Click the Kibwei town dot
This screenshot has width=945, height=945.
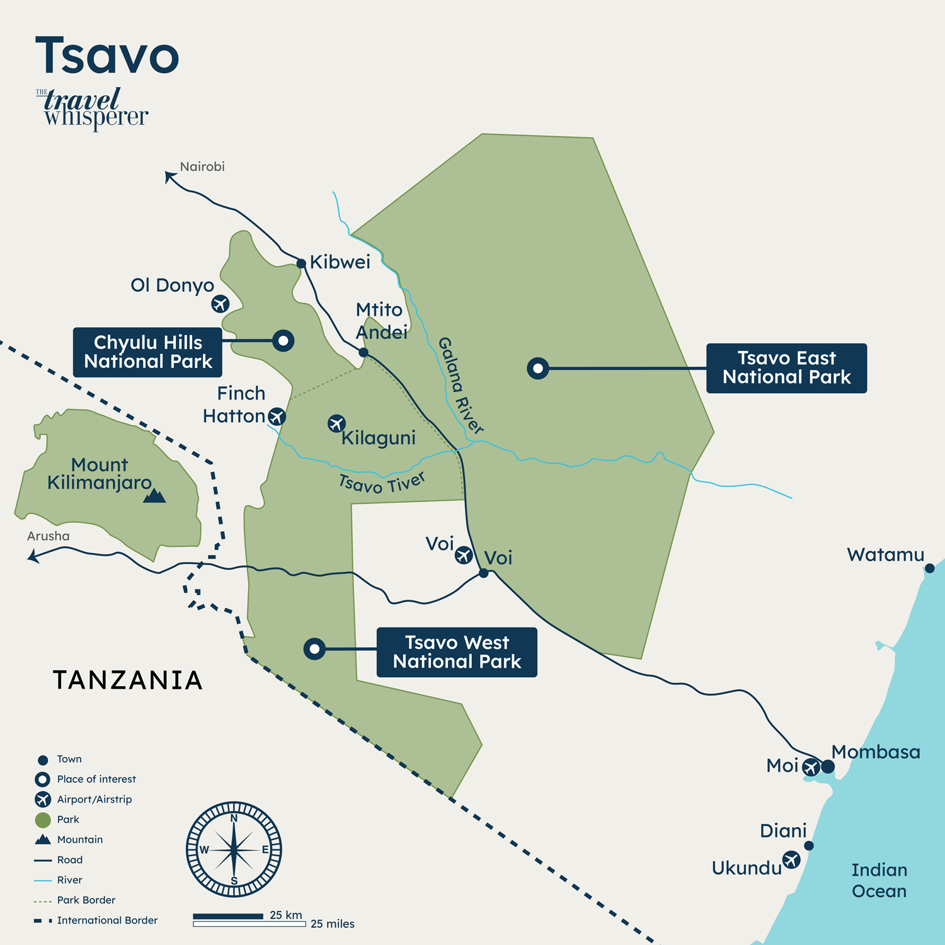coord(301,263)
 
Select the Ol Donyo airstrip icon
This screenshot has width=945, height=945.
coord(220,304)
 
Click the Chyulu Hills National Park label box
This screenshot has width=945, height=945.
coord(147,352)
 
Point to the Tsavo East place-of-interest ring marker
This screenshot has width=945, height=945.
coord(537,369)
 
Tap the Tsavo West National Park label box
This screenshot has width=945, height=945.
coord(457,652)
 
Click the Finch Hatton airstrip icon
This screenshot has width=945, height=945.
coord(277,416)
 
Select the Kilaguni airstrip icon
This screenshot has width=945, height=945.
coord(336,423)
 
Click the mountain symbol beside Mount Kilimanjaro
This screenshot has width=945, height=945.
coord(154,496)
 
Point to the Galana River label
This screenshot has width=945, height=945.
coord(461,386)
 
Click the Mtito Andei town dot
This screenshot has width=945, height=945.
coord(364,352)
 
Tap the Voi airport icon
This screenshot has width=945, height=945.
coord(464,555)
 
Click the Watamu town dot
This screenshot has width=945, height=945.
coord(929,568)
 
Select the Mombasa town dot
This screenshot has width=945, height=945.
coord(828,767)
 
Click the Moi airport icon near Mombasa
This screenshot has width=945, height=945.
coord(811,767)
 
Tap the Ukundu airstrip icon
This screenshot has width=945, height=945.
coord(791,859)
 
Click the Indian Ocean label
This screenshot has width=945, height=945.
coord(879,880)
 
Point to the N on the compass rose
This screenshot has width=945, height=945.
coord(234,818)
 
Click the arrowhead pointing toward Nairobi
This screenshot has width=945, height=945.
coord(169,176)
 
